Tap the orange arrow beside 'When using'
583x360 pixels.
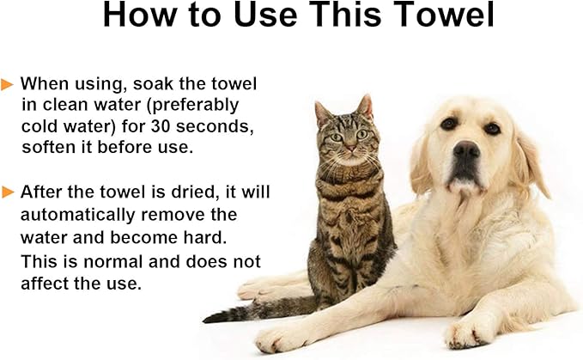(x=7, y=84)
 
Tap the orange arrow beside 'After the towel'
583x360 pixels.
(x=8, y=192)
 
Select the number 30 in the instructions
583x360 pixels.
(x=161, y=126)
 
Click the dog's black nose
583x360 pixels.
(x=466, y=149)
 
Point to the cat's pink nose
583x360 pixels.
(x=350, y=147)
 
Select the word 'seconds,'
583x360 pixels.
(x=215, y=126)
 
